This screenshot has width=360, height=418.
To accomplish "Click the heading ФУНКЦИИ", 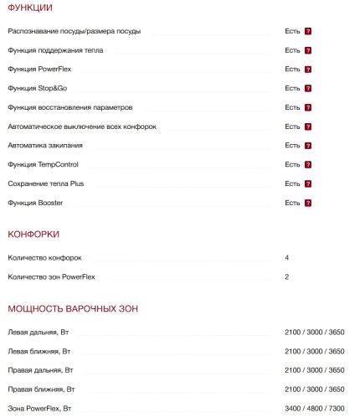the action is [x=29, y=8].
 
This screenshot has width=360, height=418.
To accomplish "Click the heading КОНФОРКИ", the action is [x=33, y=234].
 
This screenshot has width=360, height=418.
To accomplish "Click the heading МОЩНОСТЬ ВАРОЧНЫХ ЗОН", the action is [x=73, y=309].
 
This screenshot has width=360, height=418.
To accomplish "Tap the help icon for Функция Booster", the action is [x=308, y=203].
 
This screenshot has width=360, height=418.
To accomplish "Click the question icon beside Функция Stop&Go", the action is [x=308, y=88].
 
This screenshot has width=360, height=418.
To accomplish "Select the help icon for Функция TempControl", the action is [x=308, y=164].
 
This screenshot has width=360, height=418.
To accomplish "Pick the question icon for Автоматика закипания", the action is [x=308, y=146].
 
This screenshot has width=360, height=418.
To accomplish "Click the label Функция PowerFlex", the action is [x=43, y=69].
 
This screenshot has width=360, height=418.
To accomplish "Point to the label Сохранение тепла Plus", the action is [x=46, y=183].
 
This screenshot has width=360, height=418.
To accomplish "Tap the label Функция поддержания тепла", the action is [x=56, y=50].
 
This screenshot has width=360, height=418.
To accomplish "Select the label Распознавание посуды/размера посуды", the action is [x=75, y=31].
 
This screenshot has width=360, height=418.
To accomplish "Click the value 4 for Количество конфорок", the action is [x=287, y=257].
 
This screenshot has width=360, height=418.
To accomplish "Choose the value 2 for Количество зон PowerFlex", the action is [x=287, y=276].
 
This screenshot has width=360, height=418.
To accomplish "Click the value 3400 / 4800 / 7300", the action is [x=315, y=408].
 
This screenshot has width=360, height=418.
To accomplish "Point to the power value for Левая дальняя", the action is [x=315, y=333].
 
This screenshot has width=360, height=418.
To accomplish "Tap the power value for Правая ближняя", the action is [x=315, y=390].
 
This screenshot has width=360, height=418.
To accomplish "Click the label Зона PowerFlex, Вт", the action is [x=41, y=408].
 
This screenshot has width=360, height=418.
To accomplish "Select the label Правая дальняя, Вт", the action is [x=41, y=370].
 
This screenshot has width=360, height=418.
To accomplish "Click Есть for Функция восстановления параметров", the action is [x=292, y=107].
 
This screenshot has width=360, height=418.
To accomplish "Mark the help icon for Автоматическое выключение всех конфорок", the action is [x=308, y=126].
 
